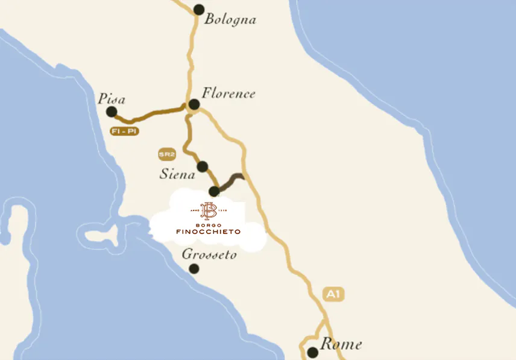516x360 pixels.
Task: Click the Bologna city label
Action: (230, 19)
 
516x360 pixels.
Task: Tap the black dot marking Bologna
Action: (199, 9)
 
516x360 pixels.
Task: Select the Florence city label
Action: (228, 93)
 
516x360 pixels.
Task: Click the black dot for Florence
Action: (194, 105)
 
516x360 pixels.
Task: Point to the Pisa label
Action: (112, 99)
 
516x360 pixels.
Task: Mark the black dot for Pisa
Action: (112, 112)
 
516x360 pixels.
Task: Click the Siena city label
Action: (177, 174)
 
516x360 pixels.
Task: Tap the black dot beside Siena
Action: (203, 166)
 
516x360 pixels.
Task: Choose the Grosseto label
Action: (209, 255)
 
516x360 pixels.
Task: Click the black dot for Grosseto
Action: (194, 268)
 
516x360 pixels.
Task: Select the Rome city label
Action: (341, 344)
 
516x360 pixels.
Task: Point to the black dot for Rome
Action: (312, 352)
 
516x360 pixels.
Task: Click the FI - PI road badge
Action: (125, 131)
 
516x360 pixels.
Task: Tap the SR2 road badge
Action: (166, 155)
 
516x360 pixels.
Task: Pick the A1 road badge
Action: (334, 294)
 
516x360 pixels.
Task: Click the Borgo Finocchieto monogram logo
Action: (209, 211)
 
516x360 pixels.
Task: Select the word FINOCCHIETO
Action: (209, 232)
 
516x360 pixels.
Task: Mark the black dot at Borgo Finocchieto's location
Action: (214, 192)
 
